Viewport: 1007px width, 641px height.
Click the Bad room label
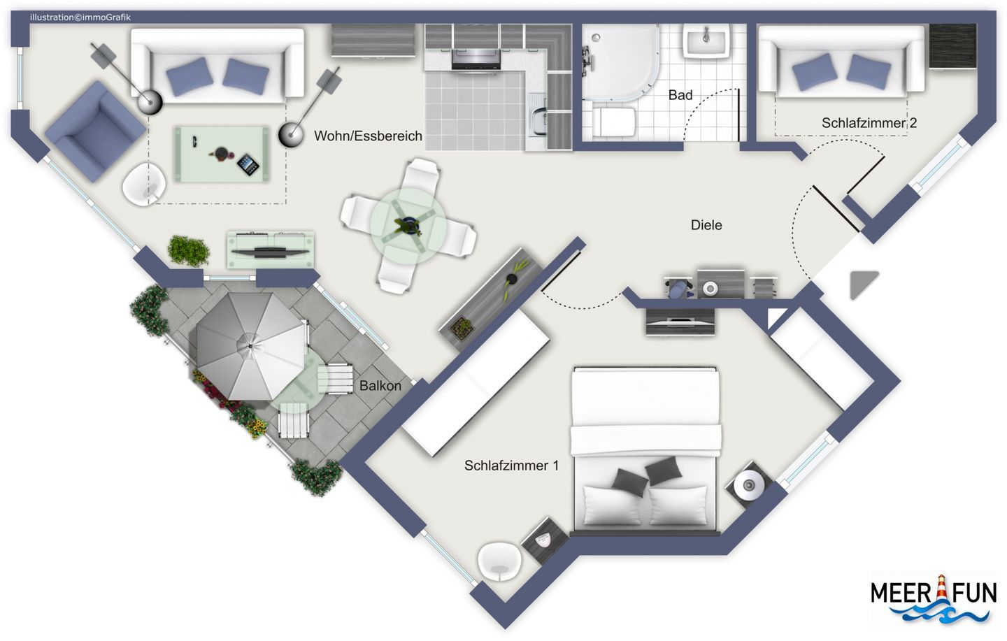tap(680, 95)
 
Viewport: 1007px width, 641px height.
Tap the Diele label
tap(706, 225)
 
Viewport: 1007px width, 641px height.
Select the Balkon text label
tap(380, 386)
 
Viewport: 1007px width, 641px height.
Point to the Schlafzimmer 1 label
tap(512, 466)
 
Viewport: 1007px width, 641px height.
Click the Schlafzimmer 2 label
tap(869, 123)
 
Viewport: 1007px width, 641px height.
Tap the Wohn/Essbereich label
tap(368, 136)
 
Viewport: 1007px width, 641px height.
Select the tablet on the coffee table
tap(248, 165)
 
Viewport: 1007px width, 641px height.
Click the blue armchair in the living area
tap(95, 131)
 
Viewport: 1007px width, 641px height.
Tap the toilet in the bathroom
tap(613, 122)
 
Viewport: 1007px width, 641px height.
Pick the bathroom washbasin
tap(706, 41)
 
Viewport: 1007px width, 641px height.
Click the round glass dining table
tap(408, 226)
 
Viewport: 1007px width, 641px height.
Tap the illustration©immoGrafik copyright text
tap(80, 17)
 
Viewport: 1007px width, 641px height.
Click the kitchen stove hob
tap(476, 59)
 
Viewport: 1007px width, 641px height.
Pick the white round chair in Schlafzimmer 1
tap(499, 562)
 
